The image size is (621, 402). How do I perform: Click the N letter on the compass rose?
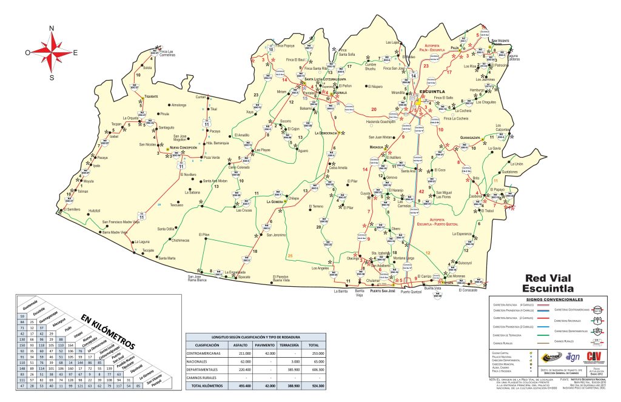coord(52,28)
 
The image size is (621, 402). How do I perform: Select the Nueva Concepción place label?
coord(184,148)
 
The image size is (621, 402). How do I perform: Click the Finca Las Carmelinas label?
coord(172,53)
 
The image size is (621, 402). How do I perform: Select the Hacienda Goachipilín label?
coord(381,121)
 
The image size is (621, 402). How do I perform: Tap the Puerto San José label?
coord(383,291)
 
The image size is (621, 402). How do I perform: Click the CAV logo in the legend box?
coord(596,357)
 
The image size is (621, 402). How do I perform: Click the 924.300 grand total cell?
coord(314,386)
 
